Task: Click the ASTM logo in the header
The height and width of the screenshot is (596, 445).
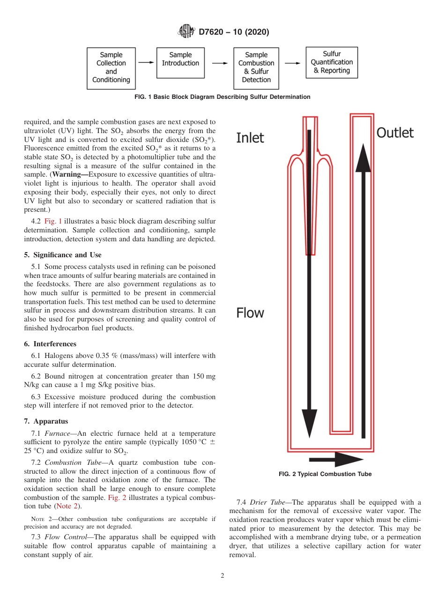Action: pyautogui.click(x=187, y=32)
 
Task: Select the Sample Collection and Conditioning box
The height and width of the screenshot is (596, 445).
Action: pyautogui.click(x=111, y=68)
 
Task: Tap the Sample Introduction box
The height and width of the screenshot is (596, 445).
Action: pyautogui.click(x=180, y=62)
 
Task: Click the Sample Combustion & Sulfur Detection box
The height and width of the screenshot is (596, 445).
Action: pyautogui.click(x=256, y=68)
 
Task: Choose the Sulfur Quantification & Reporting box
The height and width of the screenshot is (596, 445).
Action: pyautogui.click(x=332, y=62)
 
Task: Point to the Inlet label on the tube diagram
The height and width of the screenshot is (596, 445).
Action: pyautogui.click(x=250, y=138)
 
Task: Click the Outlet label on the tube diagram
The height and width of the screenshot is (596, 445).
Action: pyautogui.click(x=395, y=133)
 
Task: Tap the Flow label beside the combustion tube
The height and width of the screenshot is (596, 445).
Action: pyautogui.click(x=250, y=313)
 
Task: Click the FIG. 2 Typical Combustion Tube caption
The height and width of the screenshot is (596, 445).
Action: pyautogui.click(x=325, y=474)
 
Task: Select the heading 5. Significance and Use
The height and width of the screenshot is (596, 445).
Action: pyautogui.click(x=63, y=255)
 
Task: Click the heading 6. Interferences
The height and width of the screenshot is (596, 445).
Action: pyautogui.click(x=50, y=344)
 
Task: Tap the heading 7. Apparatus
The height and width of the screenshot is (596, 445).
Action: pyautogui.click(x=46, y=421)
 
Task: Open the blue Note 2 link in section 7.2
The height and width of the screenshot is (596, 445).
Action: pyautogui.click(x=66, y=506)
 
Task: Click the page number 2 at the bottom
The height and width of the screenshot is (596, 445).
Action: pyautogui.click(x=222, y=576)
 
